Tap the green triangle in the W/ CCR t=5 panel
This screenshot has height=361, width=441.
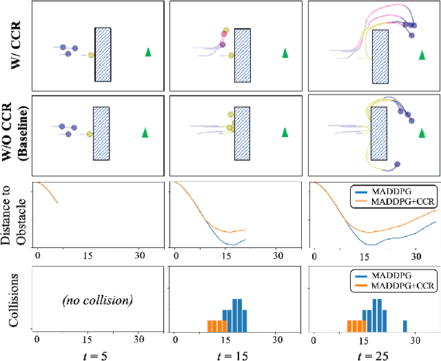[x=147, y=52]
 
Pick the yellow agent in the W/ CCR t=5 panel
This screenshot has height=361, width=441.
[x=90, y=54]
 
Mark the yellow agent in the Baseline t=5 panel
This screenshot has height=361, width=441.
[x=89, y=134]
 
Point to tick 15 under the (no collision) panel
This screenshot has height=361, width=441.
[x=88, y=339]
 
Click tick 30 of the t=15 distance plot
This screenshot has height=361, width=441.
[x=278, y=256]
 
